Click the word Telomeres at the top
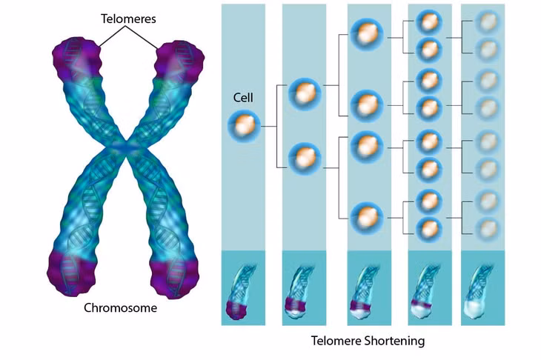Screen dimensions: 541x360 [128, 19]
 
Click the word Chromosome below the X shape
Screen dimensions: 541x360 [120, 307]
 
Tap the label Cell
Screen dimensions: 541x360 [243, 98]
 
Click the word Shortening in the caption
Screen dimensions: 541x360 [394, 341]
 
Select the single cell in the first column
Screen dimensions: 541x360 [244, 127]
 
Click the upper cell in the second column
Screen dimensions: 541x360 [305, 95]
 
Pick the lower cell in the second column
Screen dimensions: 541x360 [305, 160]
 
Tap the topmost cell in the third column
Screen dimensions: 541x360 [367, 35]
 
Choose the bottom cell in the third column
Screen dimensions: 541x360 [367, 219]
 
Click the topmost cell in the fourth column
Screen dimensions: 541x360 [429, 22]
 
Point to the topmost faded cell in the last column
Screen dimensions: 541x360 [487, 22]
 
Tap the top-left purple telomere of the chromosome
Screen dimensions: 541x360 [77, 59]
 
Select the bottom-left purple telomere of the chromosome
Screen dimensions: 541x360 [71, 273]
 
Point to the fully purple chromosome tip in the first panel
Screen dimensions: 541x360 [236, 310]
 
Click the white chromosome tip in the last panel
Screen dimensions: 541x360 [476, 310]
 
